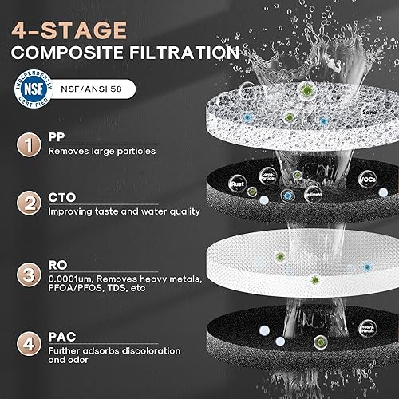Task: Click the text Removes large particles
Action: point(113,151)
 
